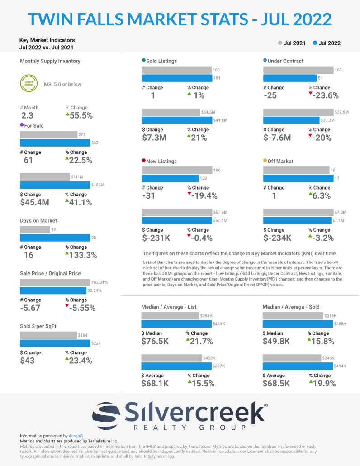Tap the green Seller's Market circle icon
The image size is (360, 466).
tap(29, 84)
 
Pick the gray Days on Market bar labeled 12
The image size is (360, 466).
tap(35, 230)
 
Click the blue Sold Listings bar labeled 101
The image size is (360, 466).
tap(177, 78)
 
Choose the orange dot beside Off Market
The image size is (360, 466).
tap(265, 161)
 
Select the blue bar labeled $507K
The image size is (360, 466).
tap(177, 366)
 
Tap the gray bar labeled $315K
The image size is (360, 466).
tap(297, 316)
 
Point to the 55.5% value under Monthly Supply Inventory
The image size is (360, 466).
tap(81, 115)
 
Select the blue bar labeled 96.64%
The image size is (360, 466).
tap(53, 290)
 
